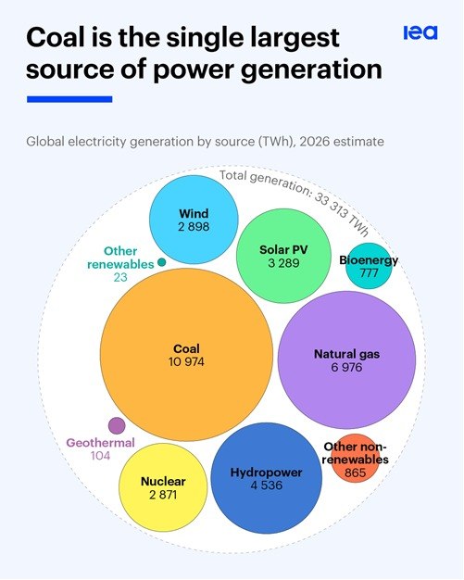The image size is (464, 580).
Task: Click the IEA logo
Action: (420, 32)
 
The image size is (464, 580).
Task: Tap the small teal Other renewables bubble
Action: (161, 262)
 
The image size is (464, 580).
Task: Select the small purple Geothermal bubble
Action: (117, 425)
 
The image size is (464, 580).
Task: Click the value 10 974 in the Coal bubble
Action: (186, 361)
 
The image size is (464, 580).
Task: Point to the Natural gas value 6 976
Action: (346, 367)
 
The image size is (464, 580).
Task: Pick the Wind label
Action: (194, 213)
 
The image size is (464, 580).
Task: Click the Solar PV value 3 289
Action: (283, 263)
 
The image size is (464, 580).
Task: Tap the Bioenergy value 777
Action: (369, 273)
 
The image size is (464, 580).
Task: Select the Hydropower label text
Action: (266, 473)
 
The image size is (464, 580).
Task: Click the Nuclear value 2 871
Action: (163, 495)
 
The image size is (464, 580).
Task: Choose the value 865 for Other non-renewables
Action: (356, 473)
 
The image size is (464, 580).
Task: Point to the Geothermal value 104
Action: (101, 455)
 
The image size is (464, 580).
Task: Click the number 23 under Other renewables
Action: (120, 277)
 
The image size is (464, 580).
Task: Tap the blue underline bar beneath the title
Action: (69, 99)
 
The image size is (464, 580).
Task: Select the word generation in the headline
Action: (311, 70)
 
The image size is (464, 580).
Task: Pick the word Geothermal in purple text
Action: (101, 443)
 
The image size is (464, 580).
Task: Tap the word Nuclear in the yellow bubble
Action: (163, 481)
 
